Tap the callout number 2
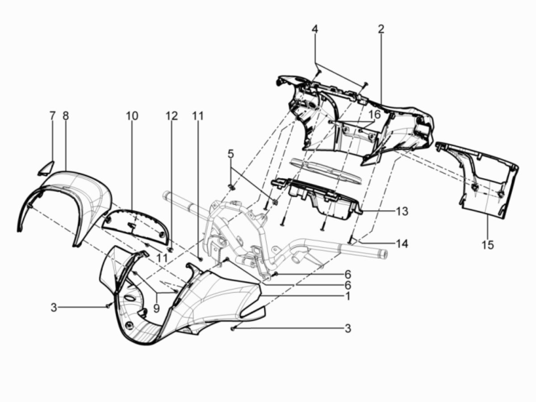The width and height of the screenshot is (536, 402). pos(381,29)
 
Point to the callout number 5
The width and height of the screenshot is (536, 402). pos(230,154)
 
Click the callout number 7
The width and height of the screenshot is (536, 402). pos(52,116)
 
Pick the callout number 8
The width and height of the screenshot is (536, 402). pos(66,116)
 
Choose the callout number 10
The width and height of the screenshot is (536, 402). pos(132,116)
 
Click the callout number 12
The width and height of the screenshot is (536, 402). pos(172,116)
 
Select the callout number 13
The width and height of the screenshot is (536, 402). pos(402,211)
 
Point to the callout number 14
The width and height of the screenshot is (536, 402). pos(402,244)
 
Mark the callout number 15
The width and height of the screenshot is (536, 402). pos(488,245)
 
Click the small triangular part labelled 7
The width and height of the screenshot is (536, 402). pos(46,168)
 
